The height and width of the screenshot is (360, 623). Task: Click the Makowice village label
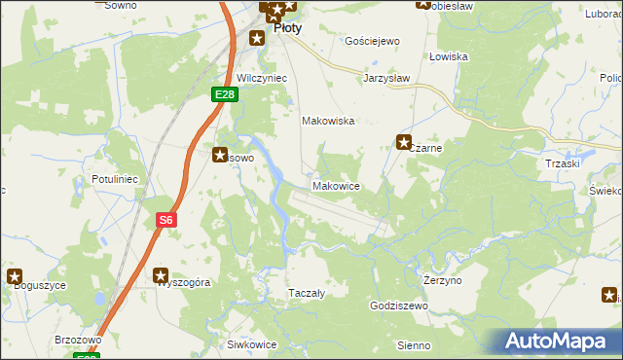[x=337, y=186]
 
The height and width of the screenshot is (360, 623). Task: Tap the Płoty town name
[x=287, y=28]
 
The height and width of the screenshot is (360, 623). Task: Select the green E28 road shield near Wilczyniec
[x=224, y=93]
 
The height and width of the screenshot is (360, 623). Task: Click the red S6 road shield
[x=166, y=221]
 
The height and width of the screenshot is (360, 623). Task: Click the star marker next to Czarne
[x=404, y=142]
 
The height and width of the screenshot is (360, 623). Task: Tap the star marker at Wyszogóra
[x=161, y=275]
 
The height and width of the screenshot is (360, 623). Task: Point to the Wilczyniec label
[x=259, y=76]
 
